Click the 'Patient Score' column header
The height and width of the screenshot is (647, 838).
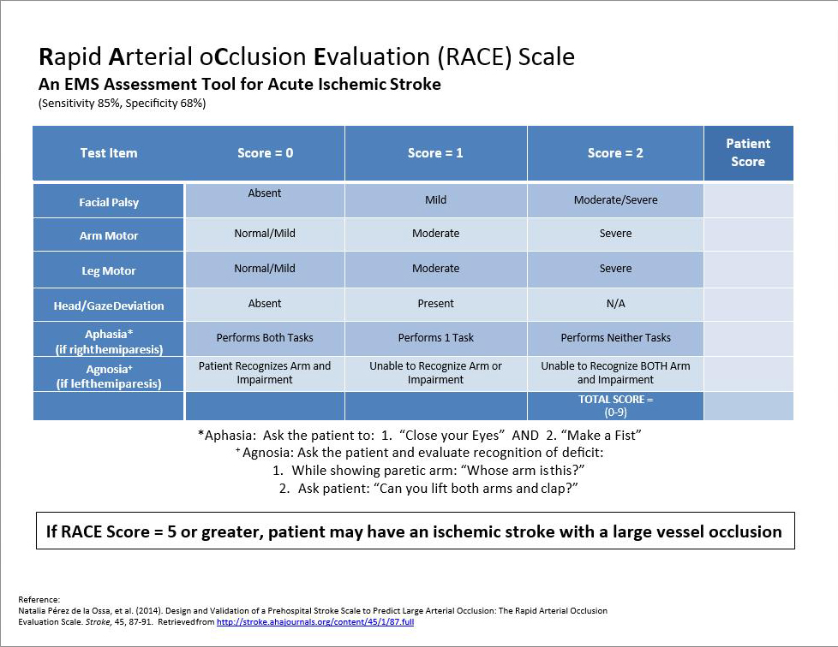747,152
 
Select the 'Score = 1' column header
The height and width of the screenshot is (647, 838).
435,153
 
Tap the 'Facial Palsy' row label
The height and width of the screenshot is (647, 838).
109,203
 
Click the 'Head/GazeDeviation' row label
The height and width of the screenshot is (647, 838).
109,306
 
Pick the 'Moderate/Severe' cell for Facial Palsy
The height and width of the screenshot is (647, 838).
615,200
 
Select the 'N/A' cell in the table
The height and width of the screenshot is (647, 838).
615,304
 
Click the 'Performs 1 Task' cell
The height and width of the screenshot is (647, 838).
435,338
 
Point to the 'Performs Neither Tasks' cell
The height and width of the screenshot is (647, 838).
615,338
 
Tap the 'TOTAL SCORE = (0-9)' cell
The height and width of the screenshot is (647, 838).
615,405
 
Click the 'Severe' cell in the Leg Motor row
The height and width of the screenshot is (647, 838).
615,269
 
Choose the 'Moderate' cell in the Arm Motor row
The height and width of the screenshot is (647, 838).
435,234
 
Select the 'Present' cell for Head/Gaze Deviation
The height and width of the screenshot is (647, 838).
435,304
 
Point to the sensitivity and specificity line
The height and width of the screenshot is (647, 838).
122,104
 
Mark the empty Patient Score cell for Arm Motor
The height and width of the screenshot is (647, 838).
747,234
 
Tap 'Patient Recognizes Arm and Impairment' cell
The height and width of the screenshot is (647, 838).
264,372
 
